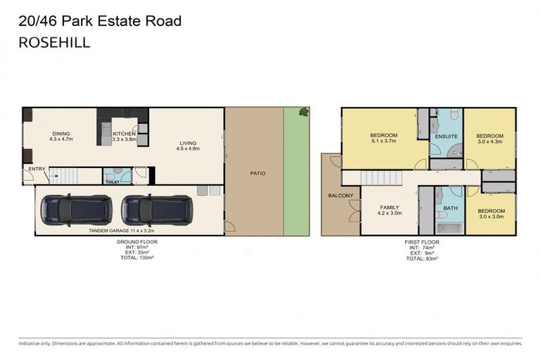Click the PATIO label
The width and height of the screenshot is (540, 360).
257,173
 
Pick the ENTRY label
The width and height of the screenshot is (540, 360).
36,169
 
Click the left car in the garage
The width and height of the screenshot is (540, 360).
75,209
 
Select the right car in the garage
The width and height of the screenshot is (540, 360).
155,209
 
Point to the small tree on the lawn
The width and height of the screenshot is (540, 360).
304,111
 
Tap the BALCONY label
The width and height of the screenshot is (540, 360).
340,195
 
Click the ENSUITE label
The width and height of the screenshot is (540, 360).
446,136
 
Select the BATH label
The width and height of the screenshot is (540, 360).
450,209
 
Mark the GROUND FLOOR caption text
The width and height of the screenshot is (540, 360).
136,242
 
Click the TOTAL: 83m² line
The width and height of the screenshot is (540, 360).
422,259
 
